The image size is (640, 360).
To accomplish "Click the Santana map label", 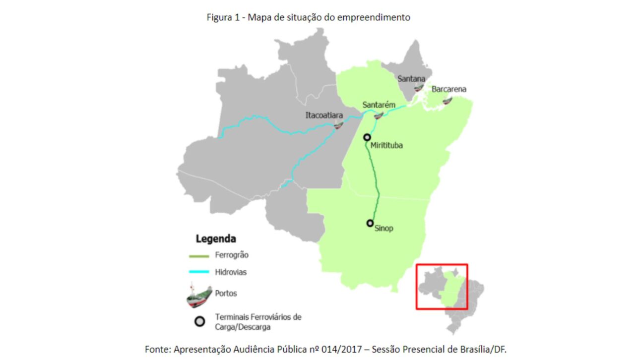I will pyautogui.click(x=411, y=79).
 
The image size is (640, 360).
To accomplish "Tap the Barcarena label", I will pyautogui.click(x=449, y=89).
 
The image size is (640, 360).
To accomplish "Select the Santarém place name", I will pyautogui.click(x=379, y=105).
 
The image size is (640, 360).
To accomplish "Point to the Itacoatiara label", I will pyautogui.click(x=324, y=115).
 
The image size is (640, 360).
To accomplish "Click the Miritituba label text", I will pyautogui.click(x=386, y=146).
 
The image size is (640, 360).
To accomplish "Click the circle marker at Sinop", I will pyautogui.click(x=370, y=223).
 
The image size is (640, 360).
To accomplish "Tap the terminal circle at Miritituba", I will pyautogui.click(x=367, y=137).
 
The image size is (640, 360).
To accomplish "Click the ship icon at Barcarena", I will pyautogui.click(x=448, y=101).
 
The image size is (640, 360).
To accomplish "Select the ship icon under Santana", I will pyautogui.click(x=419, y=88).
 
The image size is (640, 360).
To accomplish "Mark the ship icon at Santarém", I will pyautogui.click(x=379, y=116).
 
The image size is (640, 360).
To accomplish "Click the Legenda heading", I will pyautogui.click(x=216, y=239).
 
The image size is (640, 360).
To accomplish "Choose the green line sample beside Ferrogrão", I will pyautogui.click(x=198, y=256).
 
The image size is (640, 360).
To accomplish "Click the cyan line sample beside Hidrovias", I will pyautogui.click(x=198, y=272).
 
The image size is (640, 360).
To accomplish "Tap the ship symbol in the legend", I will pyautogui.click(x=198, y=295).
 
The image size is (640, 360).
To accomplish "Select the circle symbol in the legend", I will pyautogui.click(x=199, y=321).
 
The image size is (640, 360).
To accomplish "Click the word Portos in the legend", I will pyautogui.click(x=226, y=293).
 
